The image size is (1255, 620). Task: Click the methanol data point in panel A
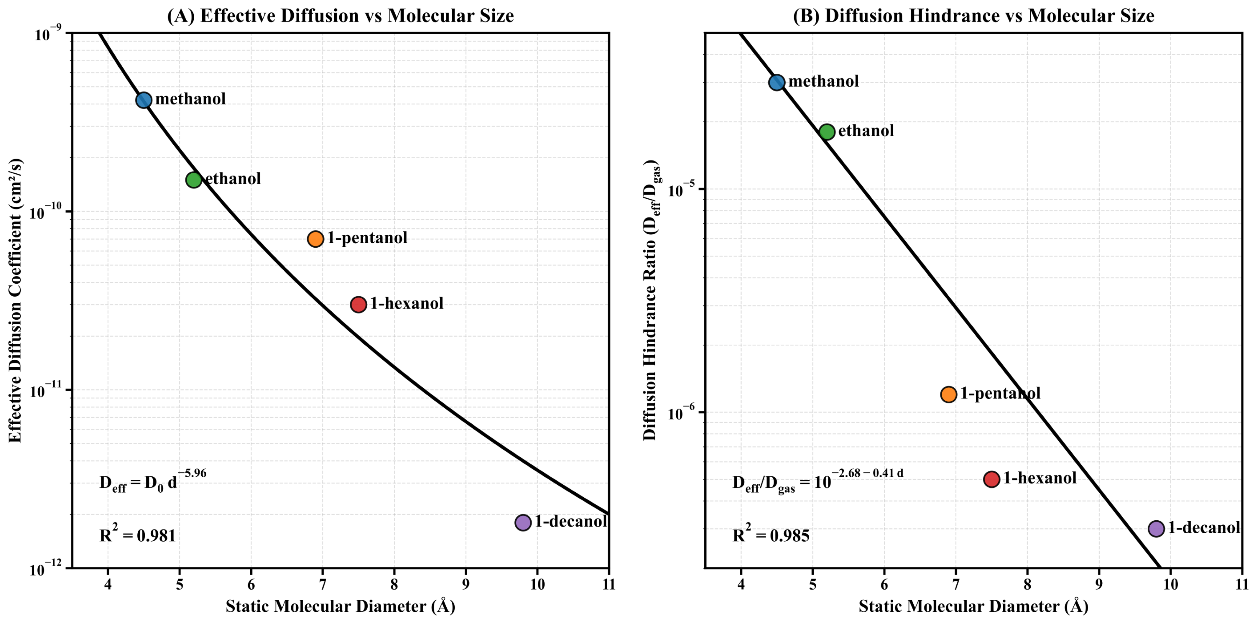144,100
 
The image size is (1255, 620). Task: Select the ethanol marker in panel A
194,180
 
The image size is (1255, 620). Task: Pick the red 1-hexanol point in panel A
358,305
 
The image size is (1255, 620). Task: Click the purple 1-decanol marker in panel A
523,523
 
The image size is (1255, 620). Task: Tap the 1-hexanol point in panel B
991,479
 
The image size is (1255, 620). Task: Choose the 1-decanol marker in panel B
1156,528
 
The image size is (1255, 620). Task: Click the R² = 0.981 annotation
137,534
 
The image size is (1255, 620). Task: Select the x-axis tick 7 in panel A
323,584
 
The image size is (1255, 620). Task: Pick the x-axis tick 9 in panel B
1099,584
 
